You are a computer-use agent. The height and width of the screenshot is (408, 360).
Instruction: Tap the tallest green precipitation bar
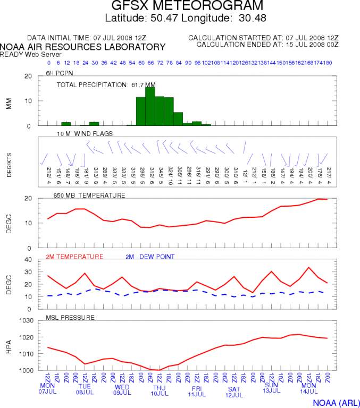coord(150,106)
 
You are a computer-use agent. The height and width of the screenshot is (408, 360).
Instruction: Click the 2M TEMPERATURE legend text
coord(74,257)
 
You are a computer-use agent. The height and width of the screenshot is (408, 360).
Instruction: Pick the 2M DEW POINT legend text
coord(150,257)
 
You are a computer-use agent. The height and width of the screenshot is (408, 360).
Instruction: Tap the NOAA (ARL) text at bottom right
coord(335,402)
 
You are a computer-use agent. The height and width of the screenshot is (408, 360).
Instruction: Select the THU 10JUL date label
coord(160,390)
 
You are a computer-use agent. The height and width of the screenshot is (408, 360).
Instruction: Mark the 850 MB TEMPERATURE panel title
coord(89,195)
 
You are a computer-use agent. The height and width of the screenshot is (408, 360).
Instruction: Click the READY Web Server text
coord(25,54)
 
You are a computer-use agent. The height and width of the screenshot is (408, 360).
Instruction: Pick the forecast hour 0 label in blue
coord(49,63)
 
